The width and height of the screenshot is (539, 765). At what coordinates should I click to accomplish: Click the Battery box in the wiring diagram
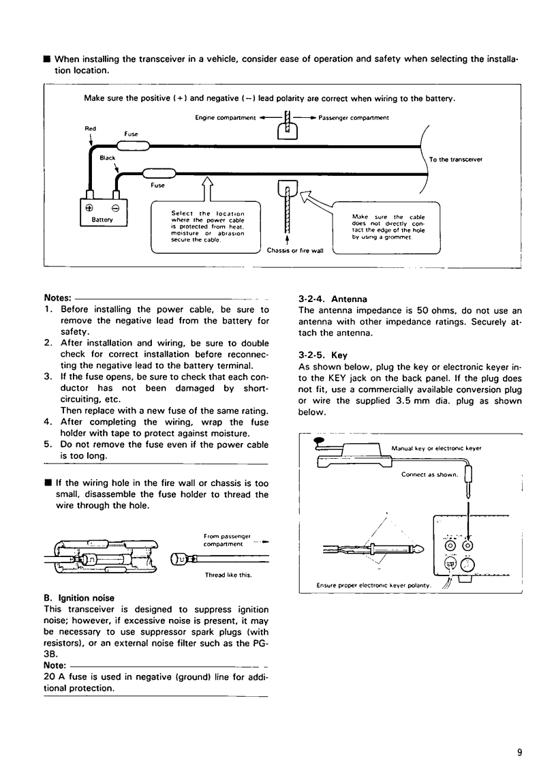pyautogui.click(x=98, y=213)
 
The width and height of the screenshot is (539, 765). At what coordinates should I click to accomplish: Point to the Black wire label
pyautogui.click(x=108, y=157)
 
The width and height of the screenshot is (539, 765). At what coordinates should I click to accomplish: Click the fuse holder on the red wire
pyautogui.click(x=132, y=145)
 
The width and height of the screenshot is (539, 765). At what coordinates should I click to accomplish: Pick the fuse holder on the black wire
pyautogui.click(x=158, y=173)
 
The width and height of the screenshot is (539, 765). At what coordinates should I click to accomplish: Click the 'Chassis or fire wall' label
pyautogui.click(x=294, y=251)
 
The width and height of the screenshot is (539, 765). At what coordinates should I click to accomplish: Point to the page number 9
pyautogui.click(x=519, y=753)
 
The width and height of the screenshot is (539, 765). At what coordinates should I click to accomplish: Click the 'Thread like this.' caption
pyautogui.click(x=228, y=575)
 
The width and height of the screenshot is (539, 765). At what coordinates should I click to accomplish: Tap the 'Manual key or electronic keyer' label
pyautogui.click(x=437, y=449)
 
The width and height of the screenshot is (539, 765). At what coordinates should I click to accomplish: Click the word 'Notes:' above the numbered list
pyautogui.click(x=57, y=299)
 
